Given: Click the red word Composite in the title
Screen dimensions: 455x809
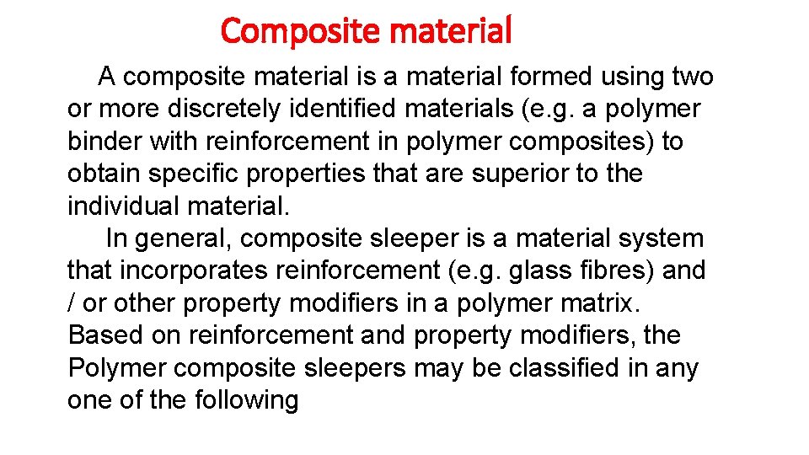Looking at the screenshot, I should (x=289, y=31).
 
